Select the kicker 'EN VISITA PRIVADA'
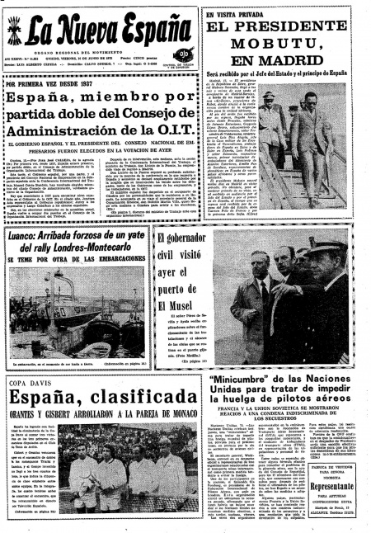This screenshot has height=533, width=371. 242,13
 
